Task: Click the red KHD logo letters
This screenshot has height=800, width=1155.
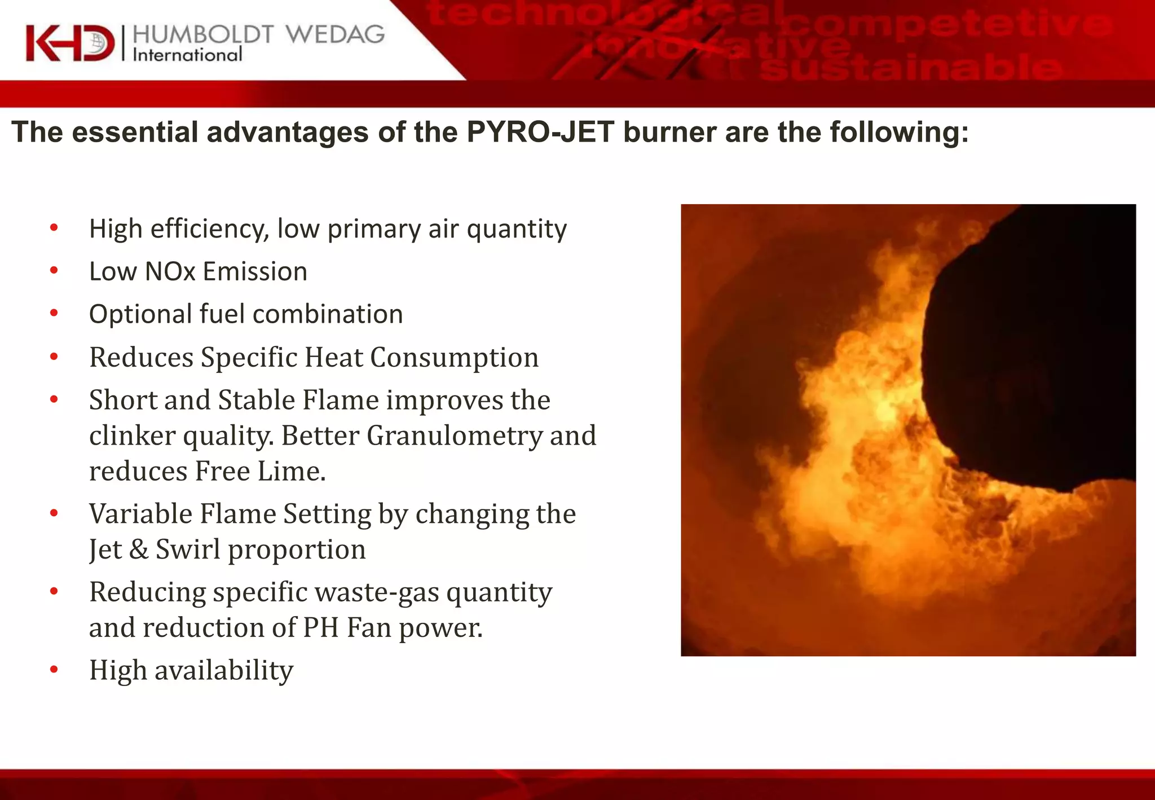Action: click(x=69, y=43)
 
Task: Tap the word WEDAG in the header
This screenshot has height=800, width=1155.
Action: click(x=335, y=34)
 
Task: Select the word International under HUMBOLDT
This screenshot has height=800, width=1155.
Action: click(x=187, y=55)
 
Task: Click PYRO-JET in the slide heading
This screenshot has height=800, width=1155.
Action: click(x=540, y=132)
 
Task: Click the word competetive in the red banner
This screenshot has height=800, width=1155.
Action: click(x=945, y=25)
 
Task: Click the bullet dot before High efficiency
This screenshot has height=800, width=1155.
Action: click(x=54, y=228)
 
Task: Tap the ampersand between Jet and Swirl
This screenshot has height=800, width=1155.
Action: click(x=139, y=550)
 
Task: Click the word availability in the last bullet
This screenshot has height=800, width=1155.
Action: click(x=224, y=670)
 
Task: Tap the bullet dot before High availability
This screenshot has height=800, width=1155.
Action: click(x=54, y=670)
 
